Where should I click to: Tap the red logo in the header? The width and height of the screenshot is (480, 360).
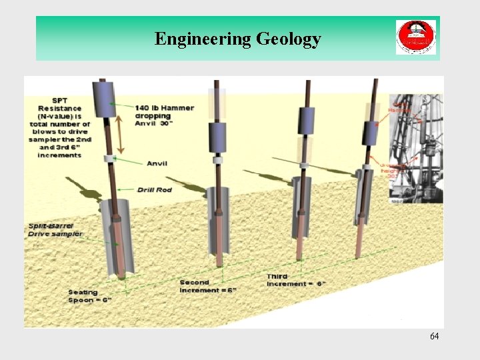pyautogui.click(x=415, y=37)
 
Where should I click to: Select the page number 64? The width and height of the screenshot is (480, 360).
pyautogui.click(x=434, y=336)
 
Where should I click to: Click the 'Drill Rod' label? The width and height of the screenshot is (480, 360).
pyautogui.click(x=155, y=190)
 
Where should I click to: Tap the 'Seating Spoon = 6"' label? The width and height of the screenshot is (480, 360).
pyautogui.click(x=90, y=296)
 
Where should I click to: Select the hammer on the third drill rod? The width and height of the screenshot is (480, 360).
pyautogui.click(x=306, y=121)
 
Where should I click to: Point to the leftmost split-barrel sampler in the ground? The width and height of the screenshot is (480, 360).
pyautogui.click(x=117, y=240)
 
